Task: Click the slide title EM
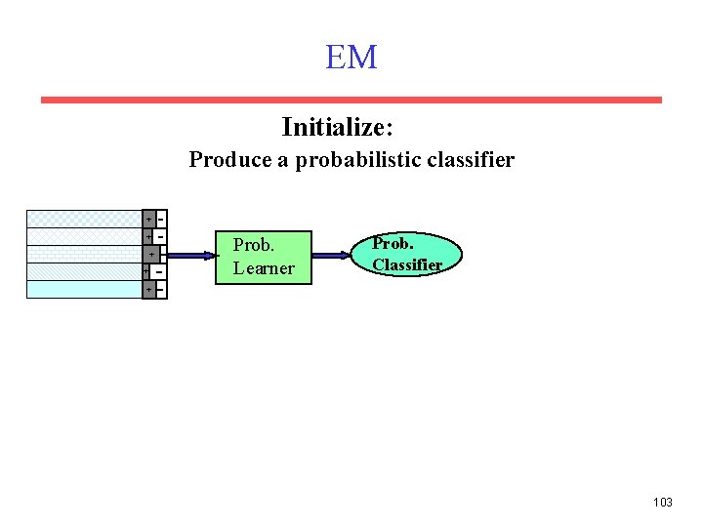(x=351, y=58)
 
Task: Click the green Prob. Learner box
(x=264, y=258)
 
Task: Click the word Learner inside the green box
(x=264, y=268)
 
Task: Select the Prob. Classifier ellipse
(x=406, y=254)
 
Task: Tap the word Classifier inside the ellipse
(x=407, y=264)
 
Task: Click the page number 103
(x=662, y=502)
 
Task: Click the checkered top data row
(x=84, y=219)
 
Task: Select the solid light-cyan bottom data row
(x=84, y=289)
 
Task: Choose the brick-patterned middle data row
(x=84, y=254)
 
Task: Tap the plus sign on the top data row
(x=147, y=219)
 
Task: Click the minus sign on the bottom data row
(x=159, y=290)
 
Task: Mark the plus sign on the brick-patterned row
(x=150, y=255)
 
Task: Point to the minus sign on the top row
(x=159, y=217)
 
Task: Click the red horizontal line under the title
(x=351, y=100)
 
